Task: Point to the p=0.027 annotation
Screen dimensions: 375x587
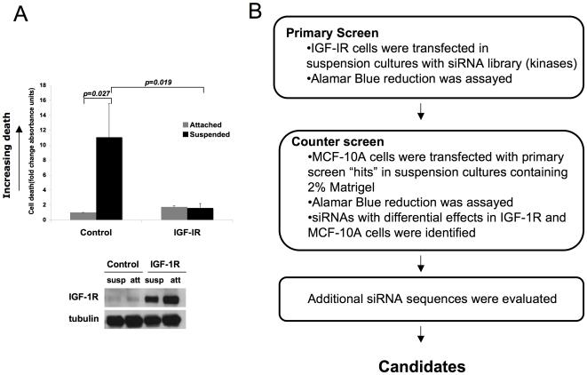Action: [x=95, y=92]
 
